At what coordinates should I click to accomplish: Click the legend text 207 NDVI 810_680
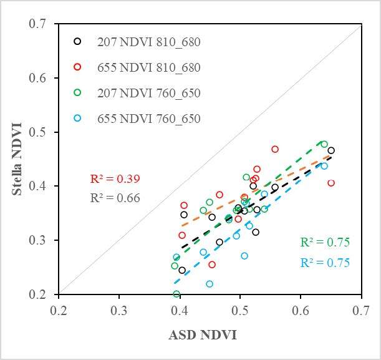coord(148,42)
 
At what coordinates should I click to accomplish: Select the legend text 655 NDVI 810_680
coord(148,67)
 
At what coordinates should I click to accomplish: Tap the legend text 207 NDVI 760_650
coord(148,93)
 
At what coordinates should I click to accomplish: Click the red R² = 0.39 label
coord(115,179)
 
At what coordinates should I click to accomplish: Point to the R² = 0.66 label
coord(115,198)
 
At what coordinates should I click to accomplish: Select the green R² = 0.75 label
coord(325,243)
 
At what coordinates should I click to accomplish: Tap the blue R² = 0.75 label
coord(325,263)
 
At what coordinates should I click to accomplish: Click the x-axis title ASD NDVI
coord(202,335)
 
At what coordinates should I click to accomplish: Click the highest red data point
coord(275,149)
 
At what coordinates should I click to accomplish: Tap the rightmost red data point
coord(331,183)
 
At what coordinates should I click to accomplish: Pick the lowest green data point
coord(176,294)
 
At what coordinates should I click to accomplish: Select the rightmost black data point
coord(331,150)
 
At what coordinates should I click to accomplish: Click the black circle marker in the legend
coord(77,42)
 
